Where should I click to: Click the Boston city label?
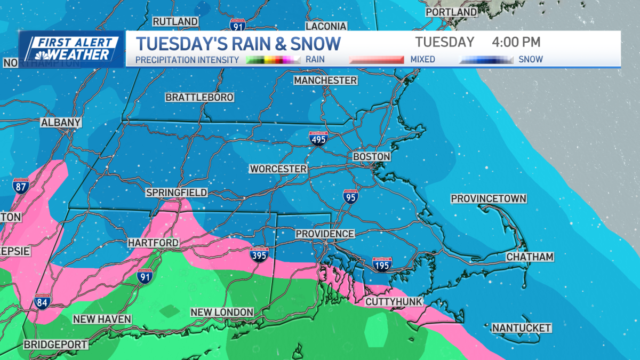pos(372,157)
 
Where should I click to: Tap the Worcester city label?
pos(278,169)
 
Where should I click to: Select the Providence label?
pos(325,234)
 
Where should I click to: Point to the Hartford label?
pos(153,243)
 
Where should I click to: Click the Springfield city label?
pos(177,193)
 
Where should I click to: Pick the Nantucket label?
pos(522,327)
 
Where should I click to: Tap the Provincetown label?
pos(489,199)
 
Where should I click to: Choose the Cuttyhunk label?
pos(394,302)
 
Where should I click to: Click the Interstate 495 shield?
pos(318,138)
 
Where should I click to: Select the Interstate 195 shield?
pos(382,263)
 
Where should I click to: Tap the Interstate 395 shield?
pos(259,254)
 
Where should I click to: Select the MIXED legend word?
pos(423,60)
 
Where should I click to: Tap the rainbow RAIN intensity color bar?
pos(274,60)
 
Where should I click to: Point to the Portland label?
pos(451,12)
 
